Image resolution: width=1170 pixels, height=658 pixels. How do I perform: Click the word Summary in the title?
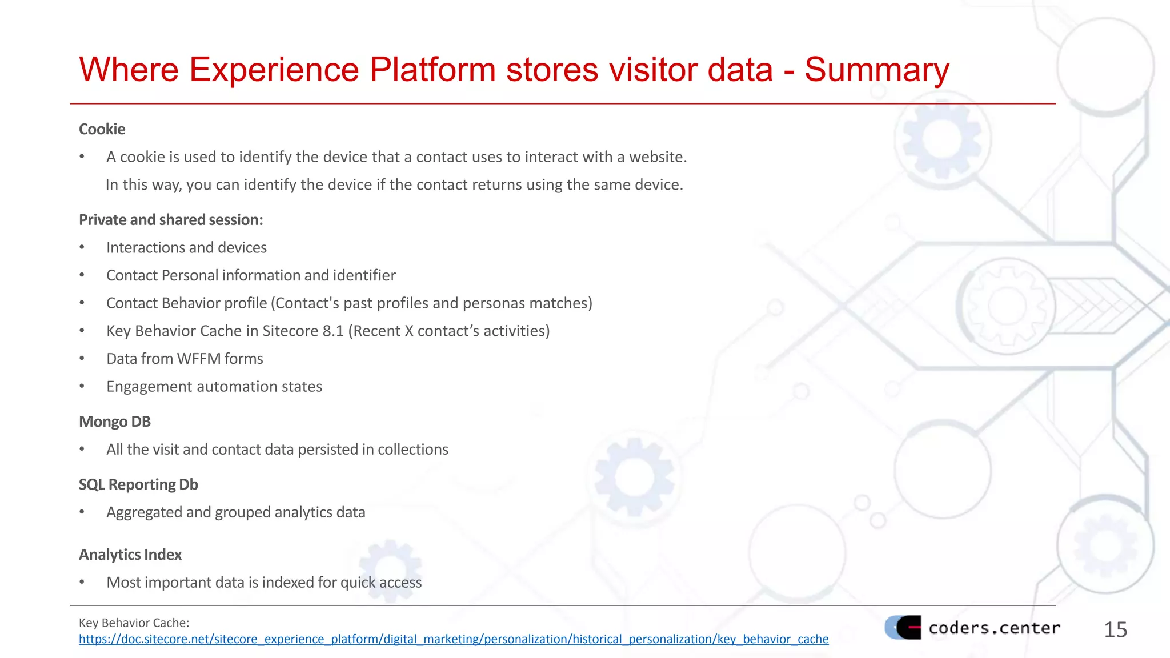click(x=876, y=70)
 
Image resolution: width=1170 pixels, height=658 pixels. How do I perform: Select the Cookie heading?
click(x=102, y=129)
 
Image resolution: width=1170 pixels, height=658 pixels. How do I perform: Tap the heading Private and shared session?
click(x=171, y=220)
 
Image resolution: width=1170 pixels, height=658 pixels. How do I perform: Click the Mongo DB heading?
click(x=114, y=422)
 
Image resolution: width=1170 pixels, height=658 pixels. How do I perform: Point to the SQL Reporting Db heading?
click(x=138, y=484)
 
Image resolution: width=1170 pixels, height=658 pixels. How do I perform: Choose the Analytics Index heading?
click(x=130, y=555)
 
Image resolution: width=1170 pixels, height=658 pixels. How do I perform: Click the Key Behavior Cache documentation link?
click(x=454, y=639)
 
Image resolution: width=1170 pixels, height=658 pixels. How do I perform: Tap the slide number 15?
click(x=1115, y=629)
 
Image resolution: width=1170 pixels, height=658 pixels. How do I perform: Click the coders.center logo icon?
click(x=903, y=627)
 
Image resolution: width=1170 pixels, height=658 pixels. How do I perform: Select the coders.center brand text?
click(x=994, y=628)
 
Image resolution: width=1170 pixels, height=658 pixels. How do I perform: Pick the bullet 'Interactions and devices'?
click(x=186, y=247)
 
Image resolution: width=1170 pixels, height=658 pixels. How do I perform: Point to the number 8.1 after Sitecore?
click(x=331, y=331)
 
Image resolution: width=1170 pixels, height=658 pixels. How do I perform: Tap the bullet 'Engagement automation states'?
click(x=214, y=387)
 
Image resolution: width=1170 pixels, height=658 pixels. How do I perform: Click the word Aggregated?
click(x=144, y=512)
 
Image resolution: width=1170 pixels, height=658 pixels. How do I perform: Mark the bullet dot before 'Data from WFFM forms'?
click(x=82, y=359)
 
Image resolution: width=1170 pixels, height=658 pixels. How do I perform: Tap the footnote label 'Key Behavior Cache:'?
click(x=134, y=623)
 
